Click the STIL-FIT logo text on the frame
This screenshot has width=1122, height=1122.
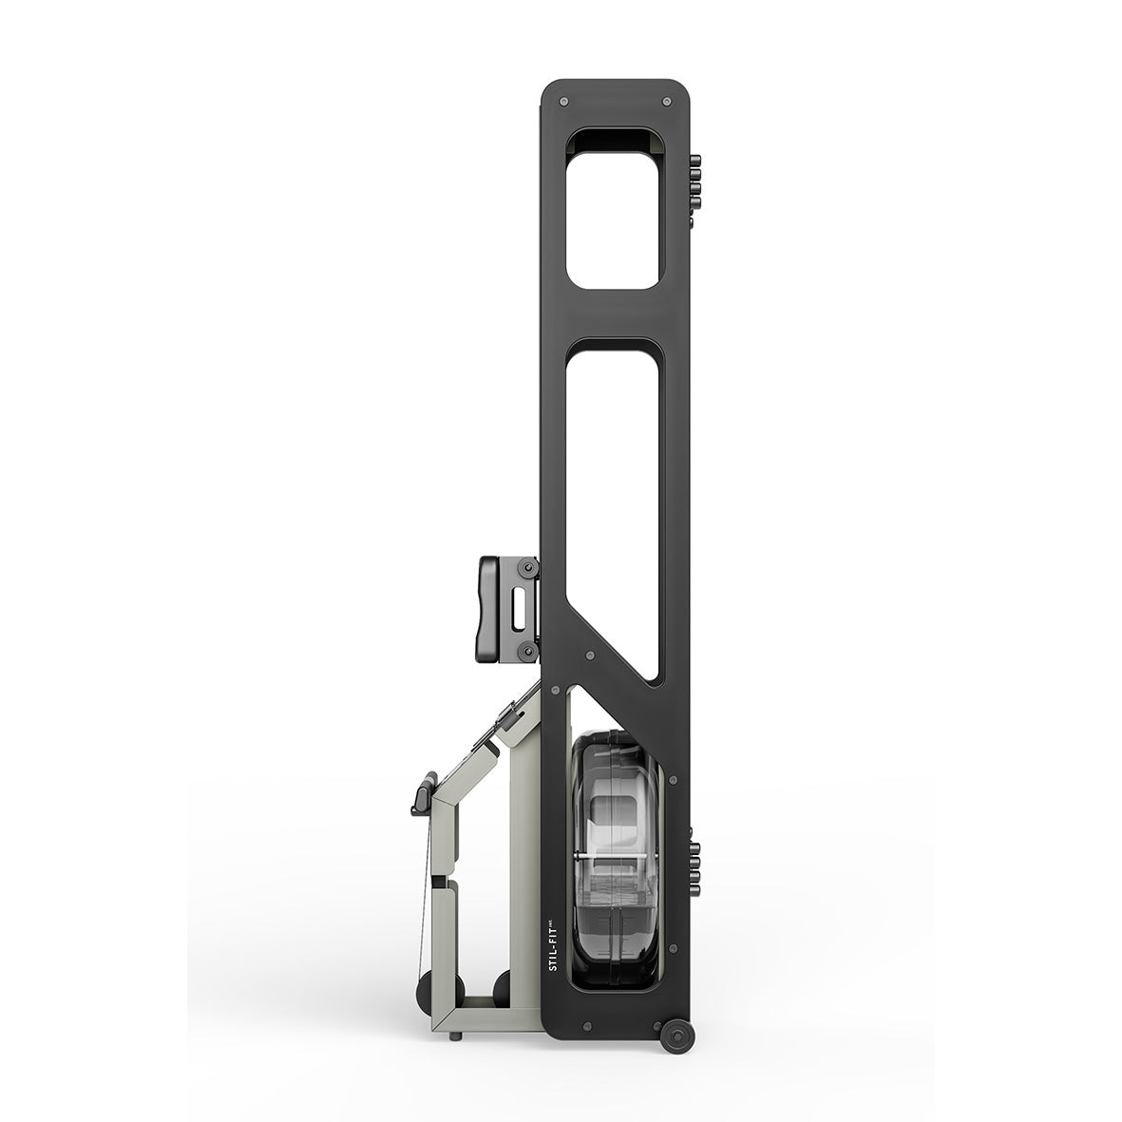pyautogui.click(x=552, y=943)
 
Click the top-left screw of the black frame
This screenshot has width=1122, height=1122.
pyautogui.click(x=564, y=102)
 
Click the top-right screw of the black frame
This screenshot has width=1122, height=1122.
pyautogui.click(x=667, y=102)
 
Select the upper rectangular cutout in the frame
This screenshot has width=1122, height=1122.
pyautogui.click(x=612, y=208)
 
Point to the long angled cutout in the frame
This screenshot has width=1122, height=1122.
pyautogui.click(x=613, y=501)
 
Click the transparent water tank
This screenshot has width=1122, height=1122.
pyautogui.click(x=614, y=860)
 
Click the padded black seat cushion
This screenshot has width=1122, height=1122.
pyautogui.click(x=489, y=607)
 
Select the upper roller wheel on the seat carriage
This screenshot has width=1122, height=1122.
pyautogui.click(x=528, y=568)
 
